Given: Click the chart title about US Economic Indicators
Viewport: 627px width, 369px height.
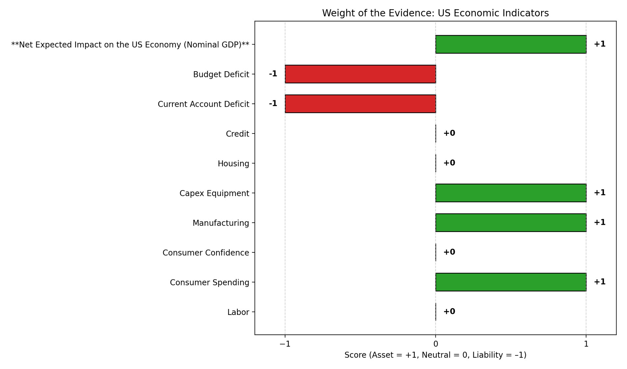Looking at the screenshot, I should pos(435,13).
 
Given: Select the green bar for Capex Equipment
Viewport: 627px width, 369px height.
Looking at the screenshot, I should pos(510,193).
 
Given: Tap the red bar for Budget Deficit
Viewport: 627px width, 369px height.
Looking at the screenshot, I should pos(360,74).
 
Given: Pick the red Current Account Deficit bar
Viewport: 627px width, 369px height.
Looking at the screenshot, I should pos(360,104).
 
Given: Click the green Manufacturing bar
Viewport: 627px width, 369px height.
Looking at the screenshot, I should pos(510,223).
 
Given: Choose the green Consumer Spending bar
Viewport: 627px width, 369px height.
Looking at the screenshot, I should pos(510,282).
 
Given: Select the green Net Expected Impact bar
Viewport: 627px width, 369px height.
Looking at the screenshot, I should pos(510,44).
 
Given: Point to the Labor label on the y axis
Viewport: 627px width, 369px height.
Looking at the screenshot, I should pos(238,312).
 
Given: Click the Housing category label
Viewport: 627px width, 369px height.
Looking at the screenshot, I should pos(233,163).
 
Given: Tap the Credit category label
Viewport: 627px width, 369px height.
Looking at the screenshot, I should pos(237,134).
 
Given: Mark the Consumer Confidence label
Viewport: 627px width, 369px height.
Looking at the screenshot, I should pos(206,253).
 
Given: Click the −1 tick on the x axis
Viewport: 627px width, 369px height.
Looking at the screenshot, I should pos(285,344).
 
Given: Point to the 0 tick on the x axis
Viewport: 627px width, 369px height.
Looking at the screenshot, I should pos(435,344).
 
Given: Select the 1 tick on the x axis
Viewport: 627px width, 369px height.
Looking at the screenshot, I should pos(586,344).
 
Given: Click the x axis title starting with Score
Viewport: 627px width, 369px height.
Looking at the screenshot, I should pos(435,355).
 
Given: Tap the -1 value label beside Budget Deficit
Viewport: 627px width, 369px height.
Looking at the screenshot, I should pos(273,74).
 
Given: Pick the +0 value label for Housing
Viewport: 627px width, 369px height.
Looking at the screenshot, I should pos(449,163).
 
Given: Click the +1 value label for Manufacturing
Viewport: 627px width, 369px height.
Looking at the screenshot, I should pos(599,222).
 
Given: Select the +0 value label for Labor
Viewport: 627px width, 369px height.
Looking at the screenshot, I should pos(449,311).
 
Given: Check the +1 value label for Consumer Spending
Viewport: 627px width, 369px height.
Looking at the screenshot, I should pos(599,282).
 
